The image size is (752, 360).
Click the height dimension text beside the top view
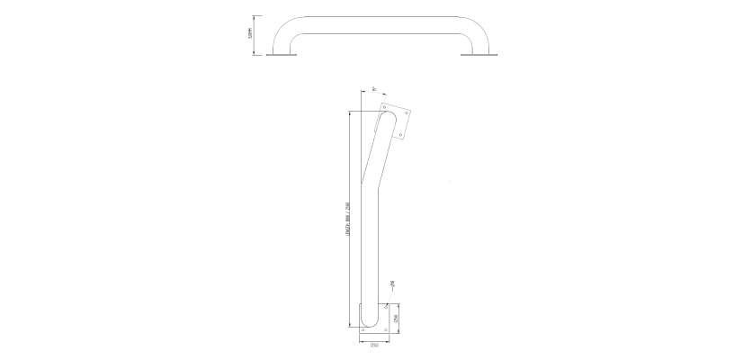tap(248, 35)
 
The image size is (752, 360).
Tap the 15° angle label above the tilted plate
tap(372, 89)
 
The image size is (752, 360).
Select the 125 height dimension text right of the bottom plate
tap(397, 318)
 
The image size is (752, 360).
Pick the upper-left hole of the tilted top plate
tap(384, 108)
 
